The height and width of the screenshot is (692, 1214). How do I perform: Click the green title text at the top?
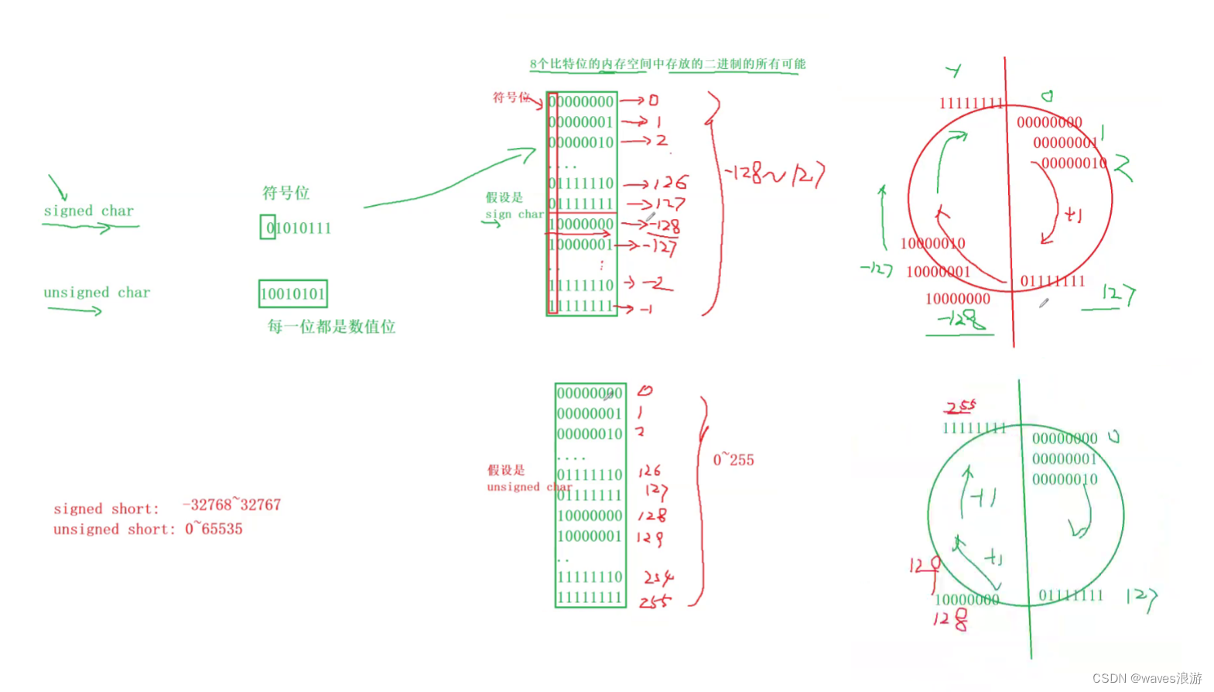point(667,63)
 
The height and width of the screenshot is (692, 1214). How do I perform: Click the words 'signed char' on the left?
point(88,211)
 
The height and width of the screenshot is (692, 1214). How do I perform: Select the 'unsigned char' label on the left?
point(97,293)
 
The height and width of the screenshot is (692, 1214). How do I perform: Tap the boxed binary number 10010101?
point(292,294)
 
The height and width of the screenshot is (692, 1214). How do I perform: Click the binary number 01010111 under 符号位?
point(298,228)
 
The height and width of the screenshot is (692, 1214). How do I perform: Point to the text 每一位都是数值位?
point(331,327)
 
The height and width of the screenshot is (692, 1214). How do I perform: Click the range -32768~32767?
point(231,505)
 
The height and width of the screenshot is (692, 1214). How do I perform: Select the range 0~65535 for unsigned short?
point(214,529)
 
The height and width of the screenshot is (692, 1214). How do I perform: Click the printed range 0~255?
point(733,460)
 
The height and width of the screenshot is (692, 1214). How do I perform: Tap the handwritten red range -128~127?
point(774,175)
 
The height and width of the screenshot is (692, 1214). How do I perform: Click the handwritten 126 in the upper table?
point(670,183)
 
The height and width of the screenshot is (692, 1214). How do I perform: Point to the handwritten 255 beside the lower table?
point(655,601)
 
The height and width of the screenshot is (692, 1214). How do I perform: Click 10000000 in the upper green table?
point(581,224)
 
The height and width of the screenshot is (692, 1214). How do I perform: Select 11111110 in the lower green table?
point(590,577)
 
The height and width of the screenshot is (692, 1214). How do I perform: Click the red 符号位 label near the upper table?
point(511,98)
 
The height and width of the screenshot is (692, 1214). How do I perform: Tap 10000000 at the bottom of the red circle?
point(957,299)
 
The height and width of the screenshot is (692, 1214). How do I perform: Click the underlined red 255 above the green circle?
point(960,406)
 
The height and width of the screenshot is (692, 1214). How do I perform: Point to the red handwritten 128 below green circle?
point(950,618)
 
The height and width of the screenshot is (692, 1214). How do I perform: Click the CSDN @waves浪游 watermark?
point(1147,678)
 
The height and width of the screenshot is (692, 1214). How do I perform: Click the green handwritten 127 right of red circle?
point(1118,294)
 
